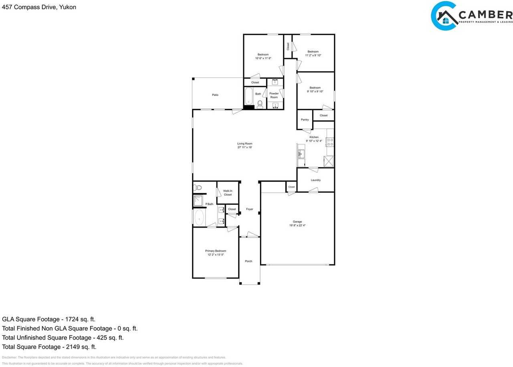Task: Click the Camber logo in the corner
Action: (x=471, y=16)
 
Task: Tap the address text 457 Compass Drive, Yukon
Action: (x=39, y=7)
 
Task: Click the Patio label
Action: (x=215, y=95)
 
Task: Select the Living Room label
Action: (x=244, y=143)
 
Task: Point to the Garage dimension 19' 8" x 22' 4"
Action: (x=297, y=226)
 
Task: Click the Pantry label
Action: (x=305, y=120)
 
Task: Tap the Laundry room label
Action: (x=315, y=180)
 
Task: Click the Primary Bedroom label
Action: (x=216, y=251)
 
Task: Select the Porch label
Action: (x=248, y=261)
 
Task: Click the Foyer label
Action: (x=249, y=209)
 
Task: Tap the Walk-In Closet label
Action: (x=228, y=193)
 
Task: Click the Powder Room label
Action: (x=274, y=95)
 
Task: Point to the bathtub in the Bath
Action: (x=249, y=97)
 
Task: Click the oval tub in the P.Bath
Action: (x=199, y=218)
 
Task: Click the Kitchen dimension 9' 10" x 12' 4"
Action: (x=314, y=141)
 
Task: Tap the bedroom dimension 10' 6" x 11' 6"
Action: (x=263, y=58)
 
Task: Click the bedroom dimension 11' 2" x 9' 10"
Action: (x=313, y=55)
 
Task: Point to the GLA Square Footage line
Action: (x=48, y=319)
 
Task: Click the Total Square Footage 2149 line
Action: (x=49, y=347)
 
